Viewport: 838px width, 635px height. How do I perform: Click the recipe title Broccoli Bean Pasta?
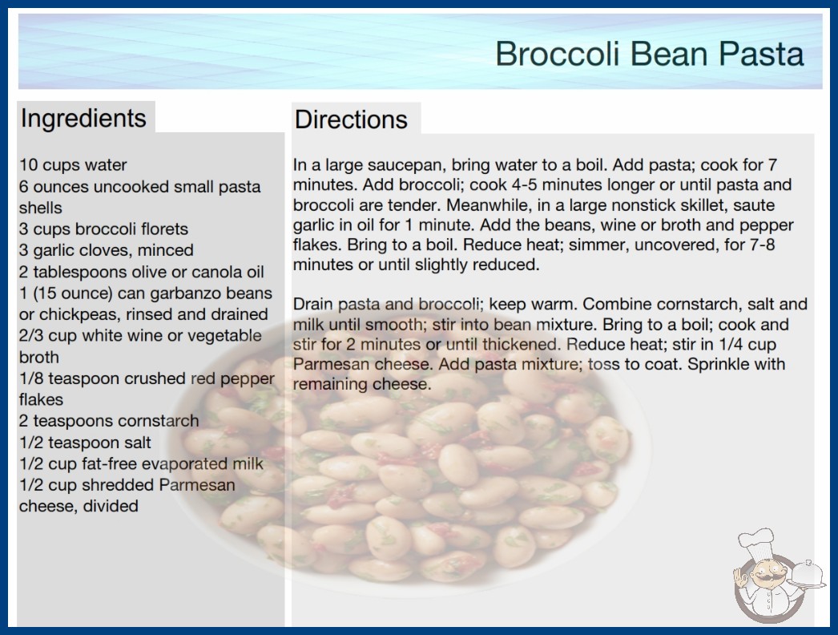[x=650, y=54]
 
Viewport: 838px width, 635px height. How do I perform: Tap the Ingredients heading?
[x=83, y=118]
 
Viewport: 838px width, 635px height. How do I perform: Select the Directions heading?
[x=351, y=119]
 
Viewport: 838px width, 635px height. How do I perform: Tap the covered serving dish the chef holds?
[x=807, y=575]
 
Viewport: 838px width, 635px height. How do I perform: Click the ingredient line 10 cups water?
[x=73, y=165]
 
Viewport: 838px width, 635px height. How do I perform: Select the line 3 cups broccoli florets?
[x=103, y=229]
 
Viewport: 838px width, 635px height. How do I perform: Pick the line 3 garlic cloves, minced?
[x=107, y=250]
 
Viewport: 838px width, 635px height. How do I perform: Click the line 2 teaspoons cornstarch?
[x=109, y=421]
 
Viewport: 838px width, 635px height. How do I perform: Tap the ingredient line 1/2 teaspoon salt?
[x=85, y=443]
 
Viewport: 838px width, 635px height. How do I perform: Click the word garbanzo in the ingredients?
[x=187, y=293]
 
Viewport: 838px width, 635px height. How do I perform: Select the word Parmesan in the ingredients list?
[x=197, y=485]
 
